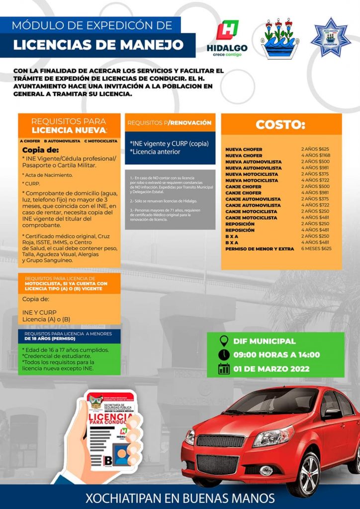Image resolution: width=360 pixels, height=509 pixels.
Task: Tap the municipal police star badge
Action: point(331,37)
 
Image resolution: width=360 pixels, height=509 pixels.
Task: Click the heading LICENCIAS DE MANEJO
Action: point(98,45)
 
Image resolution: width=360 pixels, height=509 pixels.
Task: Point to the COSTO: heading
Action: point(280,124)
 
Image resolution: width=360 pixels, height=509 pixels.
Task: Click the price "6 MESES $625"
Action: point(316,249)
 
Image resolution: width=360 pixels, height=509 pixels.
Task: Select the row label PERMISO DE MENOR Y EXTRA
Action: point(260,249)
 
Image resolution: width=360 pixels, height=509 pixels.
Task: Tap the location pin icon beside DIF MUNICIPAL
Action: point(224,341)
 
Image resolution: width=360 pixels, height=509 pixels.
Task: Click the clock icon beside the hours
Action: point(224,355)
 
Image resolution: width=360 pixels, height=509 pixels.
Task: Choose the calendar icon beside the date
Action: point(224,369)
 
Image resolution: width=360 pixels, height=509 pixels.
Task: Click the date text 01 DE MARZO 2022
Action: point(275,369)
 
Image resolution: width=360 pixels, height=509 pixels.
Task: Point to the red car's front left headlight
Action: point(273,435)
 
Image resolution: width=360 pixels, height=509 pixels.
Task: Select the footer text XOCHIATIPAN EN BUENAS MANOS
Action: point(180,498)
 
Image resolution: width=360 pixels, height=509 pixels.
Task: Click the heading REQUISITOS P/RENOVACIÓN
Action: point(170,123)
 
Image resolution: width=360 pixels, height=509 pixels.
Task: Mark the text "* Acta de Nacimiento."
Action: point(47,175)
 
